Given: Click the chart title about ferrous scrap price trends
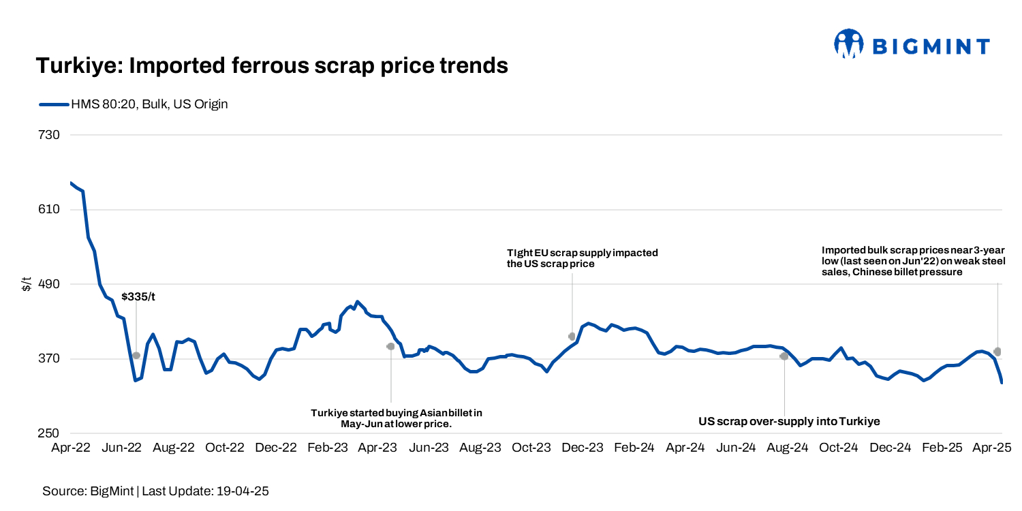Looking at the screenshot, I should (x=272, y=66).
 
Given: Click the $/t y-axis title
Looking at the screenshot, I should (x=27, y=284).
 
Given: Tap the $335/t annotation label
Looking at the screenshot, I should (x=138, y=297).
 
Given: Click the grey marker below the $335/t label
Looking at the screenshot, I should (x=136, y=356).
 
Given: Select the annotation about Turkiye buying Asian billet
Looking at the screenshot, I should (x=396, y=418).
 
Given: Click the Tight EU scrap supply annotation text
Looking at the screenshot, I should (x=583, y=258).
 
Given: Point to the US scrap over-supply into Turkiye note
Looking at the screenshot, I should (x=789, y=422).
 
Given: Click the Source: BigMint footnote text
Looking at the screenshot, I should (x=155, y=491).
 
